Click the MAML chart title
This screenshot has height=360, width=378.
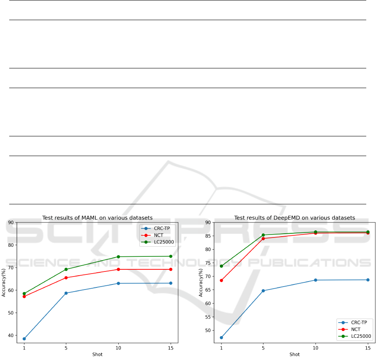click(97, 218)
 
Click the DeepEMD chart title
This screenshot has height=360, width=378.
click(295, 218)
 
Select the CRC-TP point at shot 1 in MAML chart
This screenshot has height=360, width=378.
click(24, 339)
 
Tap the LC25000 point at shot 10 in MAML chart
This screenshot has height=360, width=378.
click(118, 257)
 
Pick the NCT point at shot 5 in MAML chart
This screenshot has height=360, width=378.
click(66, 278)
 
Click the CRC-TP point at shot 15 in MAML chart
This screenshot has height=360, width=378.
click(171, 283)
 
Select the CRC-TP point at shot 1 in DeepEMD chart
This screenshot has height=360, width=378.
click(222, 337)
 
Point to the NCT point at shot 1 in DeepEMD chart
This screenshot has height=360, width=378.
click(222, 280)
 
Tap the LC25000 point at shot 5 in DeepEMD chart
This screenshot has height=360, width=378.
click(263, 235)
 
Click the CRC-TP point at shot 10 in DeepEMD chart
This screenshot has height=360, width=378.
click(315, 280)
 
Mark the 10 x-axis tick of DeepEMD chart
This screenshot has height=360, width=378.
click(315, 348)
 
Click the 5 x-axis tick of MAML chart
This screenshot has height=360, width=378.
click(66, 348)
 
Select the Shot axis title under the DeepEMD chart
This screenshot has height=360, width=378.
click(295, 355)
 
